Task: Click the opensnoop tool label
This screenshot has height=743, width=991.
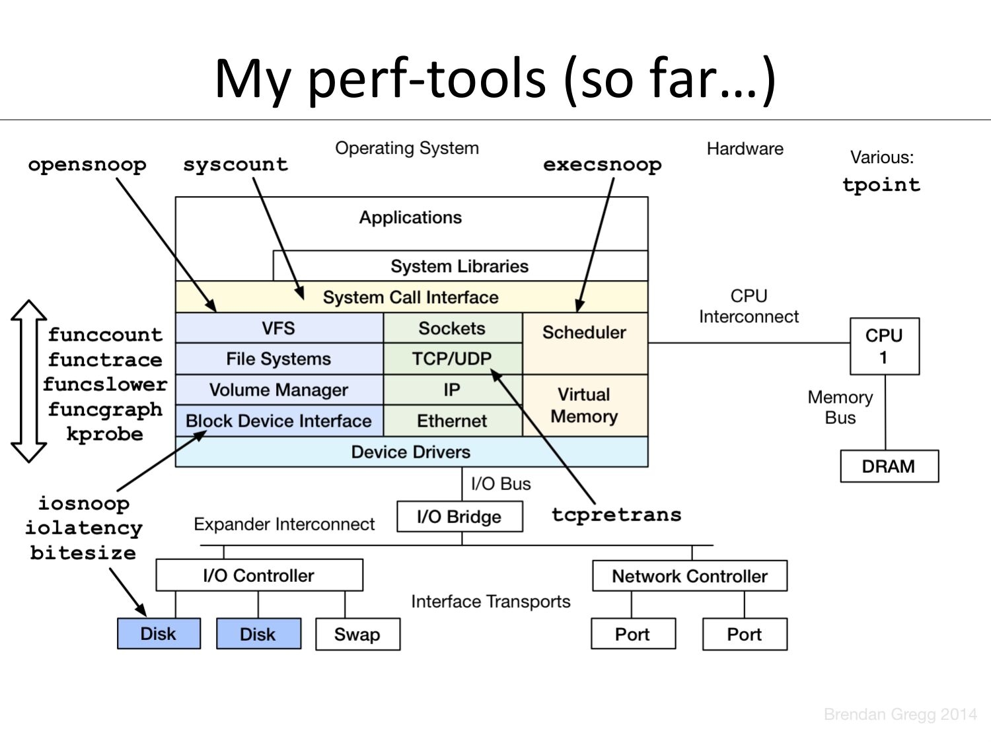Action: click(87, 164)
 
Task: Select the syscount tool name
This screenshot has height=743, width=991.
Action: click(236, 164)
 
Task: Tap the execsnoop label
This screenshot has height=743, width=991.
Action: click(602, 164)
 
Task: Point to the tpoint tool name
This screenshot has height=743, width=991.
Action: click(881, 184)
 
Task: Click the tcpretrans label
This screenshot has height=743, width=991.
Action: click(616, 514)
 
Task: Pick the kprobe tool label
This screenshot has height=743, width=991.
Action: click(105, 434)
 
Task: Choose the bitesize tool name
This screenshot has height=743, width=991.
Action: click(83, 552)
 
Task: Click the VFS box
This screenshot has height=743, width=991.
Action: click(279, 328)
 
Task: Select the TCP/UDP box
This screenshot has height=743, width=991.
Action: click(452, 359)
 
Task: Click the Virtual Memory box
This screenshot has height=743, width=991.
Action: click(585, 406)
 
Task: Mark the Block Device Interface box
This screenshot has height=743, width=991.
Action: click(279, 421)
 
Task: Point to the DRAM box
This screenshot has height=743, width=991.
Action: click(889, 466)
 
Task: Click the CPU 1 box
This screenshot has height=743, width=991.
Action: click(884, 346)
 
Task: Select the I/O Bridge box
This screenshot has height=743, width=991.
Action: click(459, 516)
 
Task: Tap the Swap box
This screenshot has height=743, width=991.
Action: click(357, 634)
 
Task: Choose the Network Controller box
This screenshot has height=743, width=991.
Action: click(690, 576)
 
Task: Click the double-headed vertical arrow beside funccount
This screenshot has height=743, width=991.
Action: click(28, 381)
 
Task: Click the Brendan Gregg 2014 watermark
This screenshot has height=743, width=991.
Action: click(900, 714)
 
